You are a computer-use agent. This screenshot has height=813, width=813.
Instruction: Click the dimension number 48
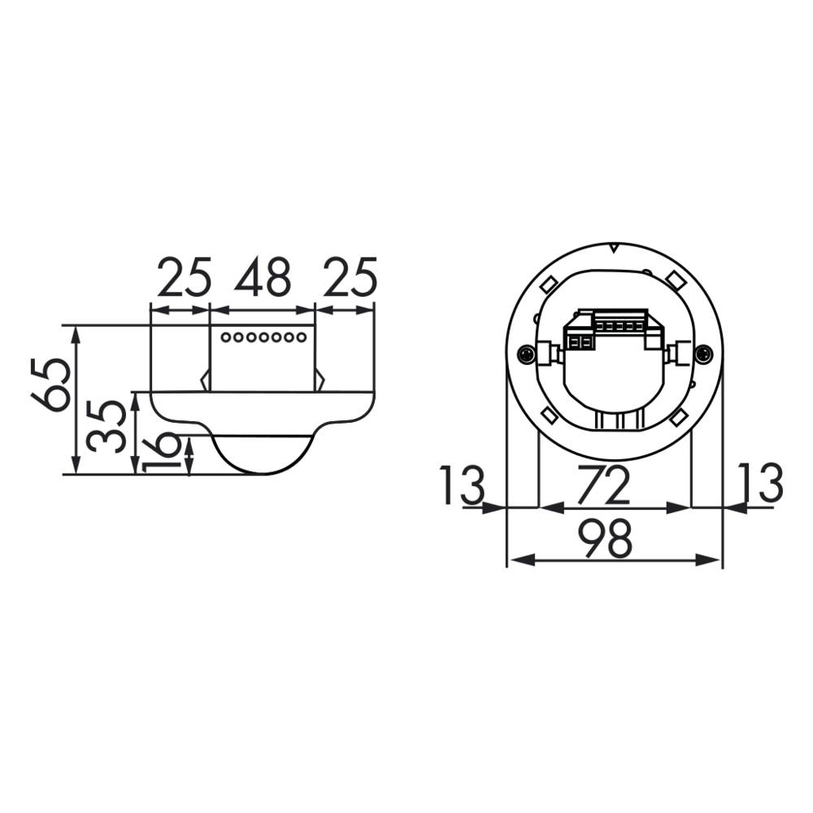click(x=263, y=279)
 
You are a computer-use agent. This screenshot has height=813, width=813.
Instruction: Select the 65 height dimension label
click(x=50, y=385)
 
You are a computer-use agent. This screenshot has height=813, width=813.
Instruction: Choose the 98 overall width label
click(x=606, y=539)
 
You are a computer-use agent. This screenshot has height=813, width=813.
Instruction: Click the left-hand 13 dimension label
click(x=461, y=485)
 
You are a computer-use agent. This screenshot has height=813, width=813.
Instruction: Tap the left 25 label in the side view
click(x=185, y=279)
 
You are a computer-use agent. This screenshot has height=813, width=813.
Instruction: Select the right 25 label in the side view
click(x=350, y=279)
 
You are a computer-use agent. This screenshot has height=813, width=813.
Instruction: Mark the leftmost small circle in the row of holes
click(x=227, y=337)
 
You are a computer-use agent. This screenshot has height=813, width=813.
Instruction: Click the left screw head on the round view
click(x=526, y=354)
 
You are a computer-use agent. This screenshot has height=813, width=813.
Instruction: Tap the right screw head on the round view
click(x=704, y=354)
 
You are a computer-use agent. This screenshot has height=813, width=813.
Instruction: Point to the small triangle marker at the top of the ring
click(x=615, y=248)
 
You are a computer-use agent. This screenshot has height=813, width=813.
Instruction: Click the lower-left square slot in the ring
click(x=548, y=416)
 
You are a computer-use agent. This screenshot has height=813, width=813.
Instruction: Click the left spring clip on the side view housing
click(x=205, y=380)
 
